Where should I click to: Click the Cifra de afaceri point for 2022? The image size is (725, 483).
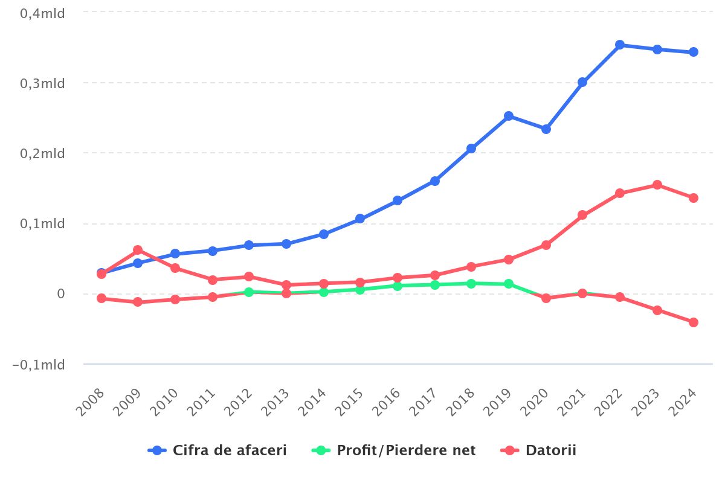click(619, 45)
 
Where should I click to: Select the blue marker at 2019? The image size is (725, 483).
click(509, 116)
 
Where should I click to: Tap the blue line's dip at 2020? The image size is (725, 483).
click(546, 129)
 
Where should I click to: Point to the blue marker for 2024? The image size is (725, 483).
click(694, 52)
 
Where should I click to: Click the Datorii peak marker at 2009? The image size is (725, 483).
click(138, 250)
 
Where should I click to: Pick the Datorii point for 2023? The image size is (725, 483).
click(657, 185)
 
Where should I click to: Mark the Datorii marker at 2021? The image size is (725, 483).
click(582, 215)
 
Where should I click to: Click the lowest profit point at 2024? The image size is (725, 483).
click(694, 322)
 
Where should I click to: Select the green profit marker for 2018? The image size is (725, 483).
click(471, 283)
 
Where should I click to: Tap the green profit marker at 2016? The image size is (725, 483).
click(398, 286)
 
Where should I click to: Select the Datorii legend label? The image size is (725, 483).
click(550, 450)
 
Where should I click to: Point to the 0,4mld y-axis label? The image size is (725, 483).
click(43, 13)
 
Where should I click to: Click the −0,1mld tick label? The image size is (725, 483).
click(39, 365)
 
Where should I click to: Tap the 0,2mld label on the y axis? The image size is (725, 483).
click(43, 154)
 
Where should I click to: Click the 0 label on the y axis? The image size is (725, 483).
click(60, 294)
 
